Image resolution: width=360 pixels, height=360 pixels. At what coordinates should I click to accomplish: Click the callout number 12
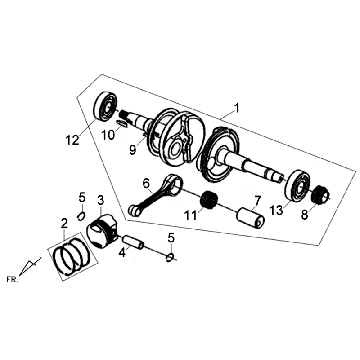coord(72,140)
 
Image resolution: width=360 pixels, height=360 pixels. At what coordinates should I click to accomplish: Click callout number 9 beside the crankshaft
coord(133,150)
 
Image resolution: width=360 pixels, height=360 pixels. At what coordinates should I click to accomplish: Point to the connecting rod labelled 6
coord(155,195)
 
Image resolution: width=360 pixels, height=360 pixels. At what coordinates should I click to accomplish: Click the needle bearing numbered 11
coord(208,199)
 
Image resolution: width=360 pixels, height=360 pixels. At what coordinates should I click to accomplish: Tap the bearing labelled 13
coord(297,186)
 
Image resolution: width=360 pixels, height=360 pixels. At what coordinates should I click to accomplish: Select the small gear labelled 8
coord(321,194)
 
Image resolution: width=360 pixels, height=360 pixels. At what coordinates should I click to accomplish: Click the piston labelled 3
coord(101,231)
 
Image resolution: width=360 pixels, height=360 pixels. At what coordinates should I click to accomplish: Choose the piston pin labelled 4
coord(133,243)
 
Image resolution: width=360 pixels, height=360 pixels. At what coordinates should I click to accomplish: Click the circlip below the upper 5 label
coord(81,216)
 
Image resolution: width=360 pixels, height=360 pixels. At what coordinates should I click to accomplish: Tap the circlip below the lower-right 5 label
coord(171,256)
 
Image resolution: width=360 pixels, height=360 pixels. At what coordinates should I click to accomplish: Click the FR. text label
coord(12,279)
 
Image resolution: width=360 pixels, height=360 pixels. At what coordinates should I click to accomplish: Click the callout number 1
coord(236,109)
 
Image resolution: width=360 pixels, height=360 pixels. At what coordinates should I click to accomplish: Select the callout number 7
coord(257,200)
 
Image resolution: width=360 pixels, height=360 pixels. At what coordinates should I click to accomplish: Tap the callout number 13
coord(277,210)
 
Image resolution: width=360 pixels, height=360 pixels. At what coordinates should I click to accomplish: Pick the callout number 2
coord(64,223)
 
